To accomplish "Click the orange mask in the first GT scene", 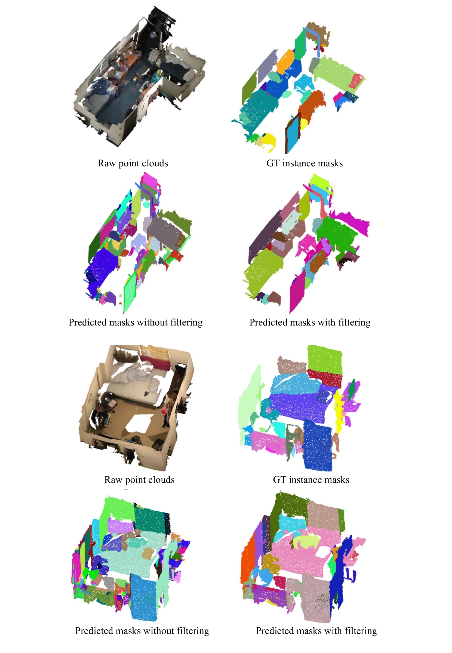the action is point(286,61).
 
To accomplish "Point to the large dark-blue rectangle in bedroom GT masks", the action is point(318,445).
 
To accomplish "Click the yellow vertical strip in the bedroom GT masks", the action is point(339,408).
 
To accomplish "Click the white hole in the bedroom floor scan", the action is point(139,424).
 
